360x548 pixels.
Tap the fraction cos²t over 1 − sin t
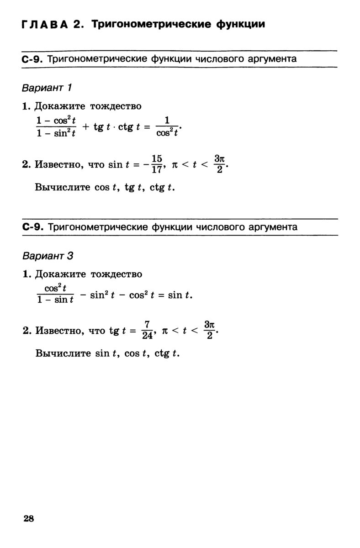coord(55,294)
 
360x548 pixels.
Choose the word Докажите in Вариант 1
coord(61,106)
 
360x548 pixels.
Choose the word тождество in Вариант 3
coord(116,274)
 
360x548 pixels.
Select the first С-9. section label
coord(32,59)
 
